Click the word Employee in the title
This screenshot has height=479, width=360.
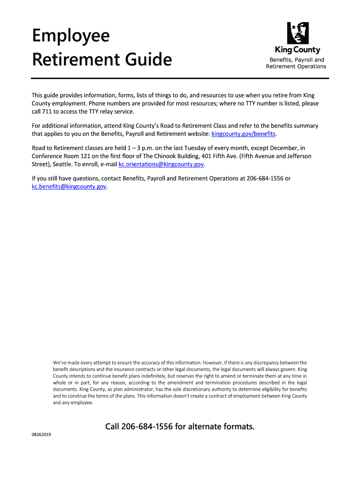[71, 36]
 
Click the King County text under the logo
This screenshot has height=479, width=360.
[297, 51]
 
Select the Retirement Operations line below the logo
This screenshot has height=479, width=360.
[296, 66]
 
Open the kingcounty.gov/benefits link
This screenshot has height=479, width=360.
[244, 134]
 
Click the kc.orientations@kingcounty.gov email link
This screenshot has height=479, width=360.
[161, 165]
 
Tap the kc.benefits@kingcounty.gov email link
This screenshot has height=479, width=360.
[69, 187]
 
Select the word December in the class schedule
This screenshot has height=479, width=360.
[276, 148]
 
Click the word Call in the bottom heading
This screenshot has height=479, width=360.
[113, 427]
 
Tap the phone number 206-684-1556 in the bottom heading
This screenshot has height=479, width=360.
[147, 427]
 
